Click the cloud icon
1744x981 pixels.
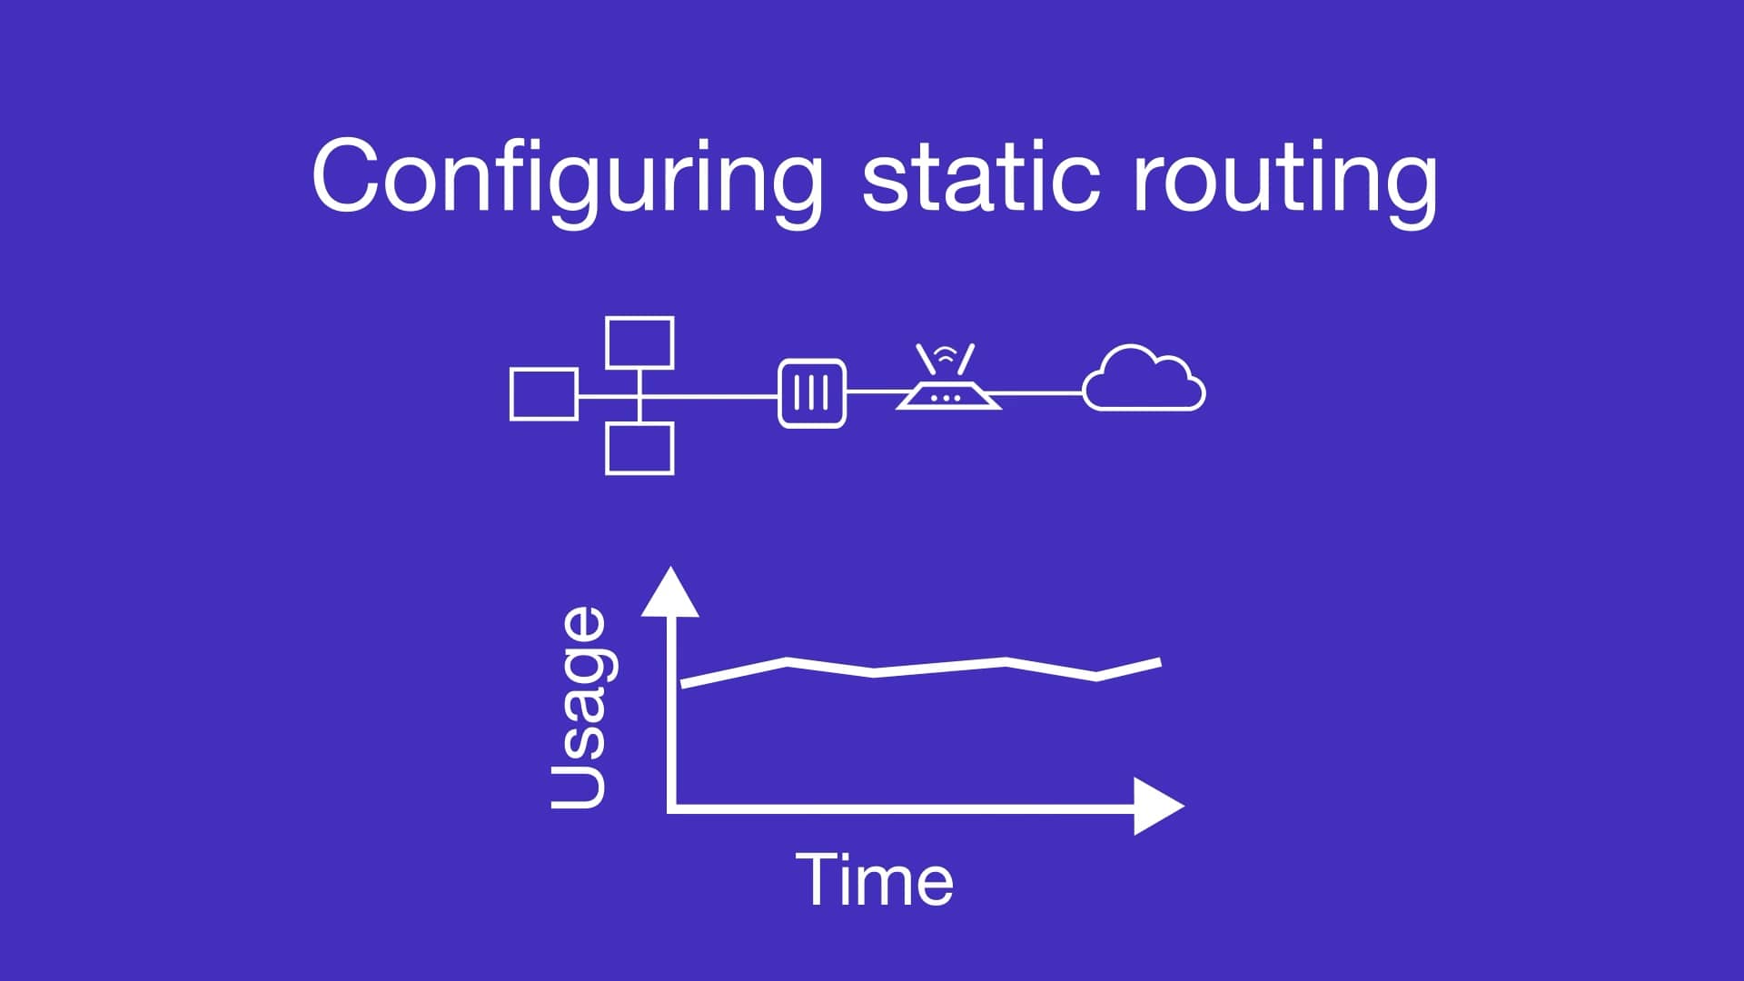pyautogui.click(x=1144, y=380)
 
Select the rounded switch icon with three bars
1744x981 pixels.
pyautogui.click(x=812, y=393)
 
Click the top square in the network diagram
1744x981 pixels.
pyautogui.click(x=639, y=342)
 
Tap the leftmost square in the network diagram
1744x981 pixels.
pyautogui.click(x=544, y=394)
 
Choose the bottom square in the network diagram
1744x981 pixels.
pyautogui.click(x=639, y=449)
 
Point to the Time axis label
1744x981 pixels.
pyautogui.click(x=876, y=879)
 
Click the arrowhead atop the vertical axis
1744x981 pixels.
pyautogui.click(x=670, y=592)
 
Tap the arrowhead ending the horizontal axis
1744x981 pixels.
pyautogui.click(x=1157, y=806)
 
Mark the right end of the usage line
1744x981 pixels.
pyautogui.click(x=1159, y=662)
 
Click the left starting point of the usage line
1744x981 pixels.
pyautogui.click(x=683, y=684)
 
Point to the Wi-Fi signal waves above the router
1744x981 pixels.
pyautogui.click(x=946, y=355)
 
